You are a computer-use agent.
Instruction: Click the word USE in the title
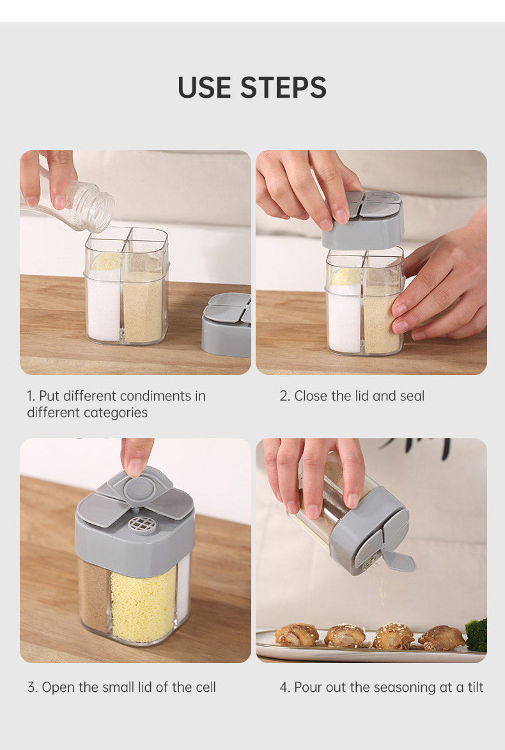[204, 88]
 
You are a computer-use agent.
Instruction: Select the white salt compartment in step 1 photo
[103, 303]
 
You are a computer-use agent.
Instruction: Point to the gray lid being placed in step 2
[363, 221]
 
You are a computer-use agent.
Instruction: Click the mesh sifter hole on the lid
[142, 524]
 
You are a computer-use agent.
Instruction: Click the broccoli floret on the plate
[476, 634]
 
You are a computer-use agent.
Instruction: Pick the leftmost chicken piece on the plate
[297, 634]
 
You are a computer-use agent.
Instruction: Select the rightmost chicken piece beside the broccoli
[442, 637]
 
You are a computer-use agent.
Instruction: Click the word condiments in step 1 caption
[155, 395]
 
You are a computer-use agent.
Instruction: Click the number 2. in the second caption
[285, 395]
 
